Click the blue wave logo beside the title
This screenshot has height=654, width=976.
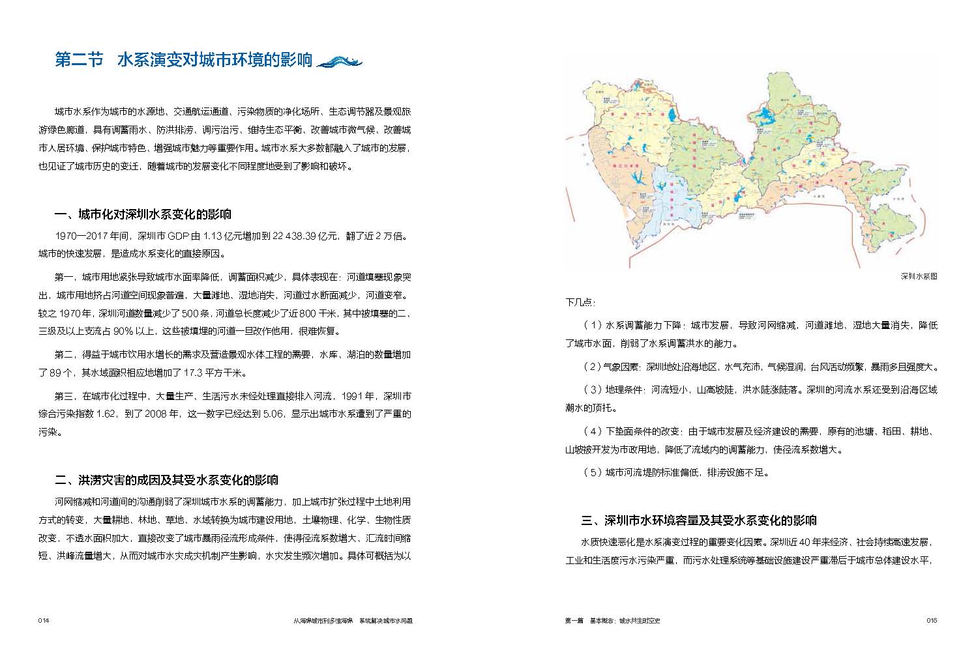pyautogui.click(x=338, y=61)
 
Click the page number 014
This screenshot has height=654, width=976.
pyautogui.click(x=44, y=621)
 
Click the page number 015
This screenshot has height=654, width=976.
pyautogui.click(x=931, y=621)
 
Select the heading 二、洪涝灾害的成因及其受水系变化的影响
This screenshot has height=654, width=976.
pyautogui.click(x=167, y=480)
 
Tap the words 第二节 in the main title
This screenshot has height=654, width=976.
pyautogui.click(x=79, y=61)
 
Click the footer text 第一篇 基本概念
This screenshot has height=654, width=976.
pyautogui.click(x=589, y=621)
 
